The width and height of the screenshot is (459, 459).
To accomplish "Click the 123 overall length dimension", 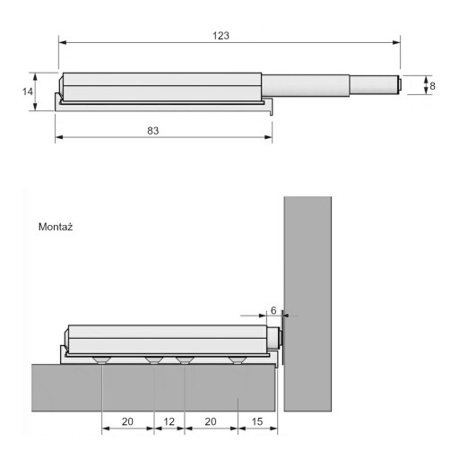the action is (221, 36).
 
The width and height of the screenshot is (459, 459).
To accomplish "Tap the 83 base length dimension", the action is (153, 131).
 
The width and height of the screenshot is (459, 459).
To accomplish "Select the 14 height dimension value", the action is (28, 91).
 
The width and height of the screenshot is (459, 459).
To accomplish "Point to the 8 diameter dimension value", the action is (432, 86).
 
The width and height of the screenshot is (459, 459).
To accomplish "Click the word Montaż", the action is (56, 227).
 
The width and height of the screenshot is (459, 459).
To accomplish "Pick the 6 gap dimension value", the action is (273, 311).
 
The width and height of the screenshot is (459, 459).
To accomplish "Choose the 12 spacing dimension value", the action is (169, 421).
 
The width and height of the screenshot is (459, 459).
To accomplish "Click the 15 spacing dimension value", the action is (257, 421).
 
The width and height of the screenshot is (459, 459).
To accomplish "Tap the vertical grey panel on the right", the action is (307, 304).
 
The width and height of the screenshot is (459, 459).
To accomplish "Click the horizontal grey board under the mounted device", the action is (153, 387).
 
